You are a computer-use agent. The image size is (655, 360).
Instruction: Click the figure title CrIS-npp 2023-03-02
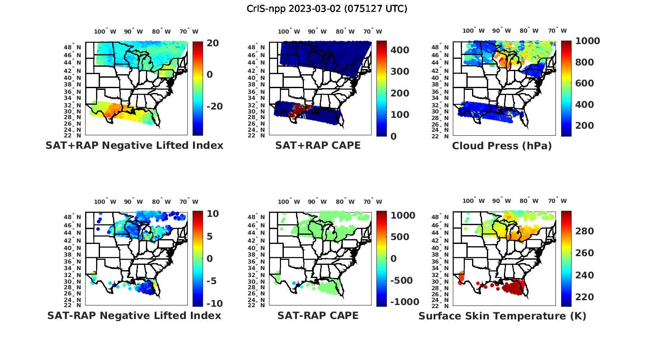click(327, 8)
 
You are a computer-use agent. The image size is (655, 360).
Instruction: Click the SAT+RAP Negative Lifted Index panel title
click(134, 145)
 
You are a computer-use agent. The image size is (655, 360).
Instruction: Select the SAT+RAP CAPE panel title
click(318, 145)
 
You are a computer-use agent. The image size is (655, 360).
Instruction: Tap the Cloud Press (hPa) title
click(502, 146)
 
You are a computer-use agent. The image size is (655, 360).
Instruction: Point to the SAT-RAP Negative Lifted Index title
click(134, 315)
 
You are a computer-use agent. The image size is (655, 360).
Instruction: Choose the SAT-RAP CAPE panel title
click(318, 315)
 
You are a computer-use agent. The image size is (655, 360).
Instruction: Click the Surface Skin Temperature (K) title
click(502, 316)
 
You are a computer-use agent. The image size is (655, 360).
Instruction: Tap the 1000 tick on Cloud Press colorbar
click(587, 41)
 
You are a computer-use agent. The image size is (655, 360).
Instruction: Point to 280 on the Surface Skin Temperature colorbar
click(585, 231)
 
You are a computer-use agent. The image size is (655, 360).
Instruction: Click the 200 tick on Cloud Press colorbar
click(585, 126)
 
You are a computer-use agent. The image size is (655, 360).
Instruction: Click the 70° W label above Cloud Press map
click(558, 31)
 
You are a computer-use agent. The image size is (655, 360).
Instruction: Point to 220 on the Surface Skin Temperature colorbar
click(585, 297)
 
